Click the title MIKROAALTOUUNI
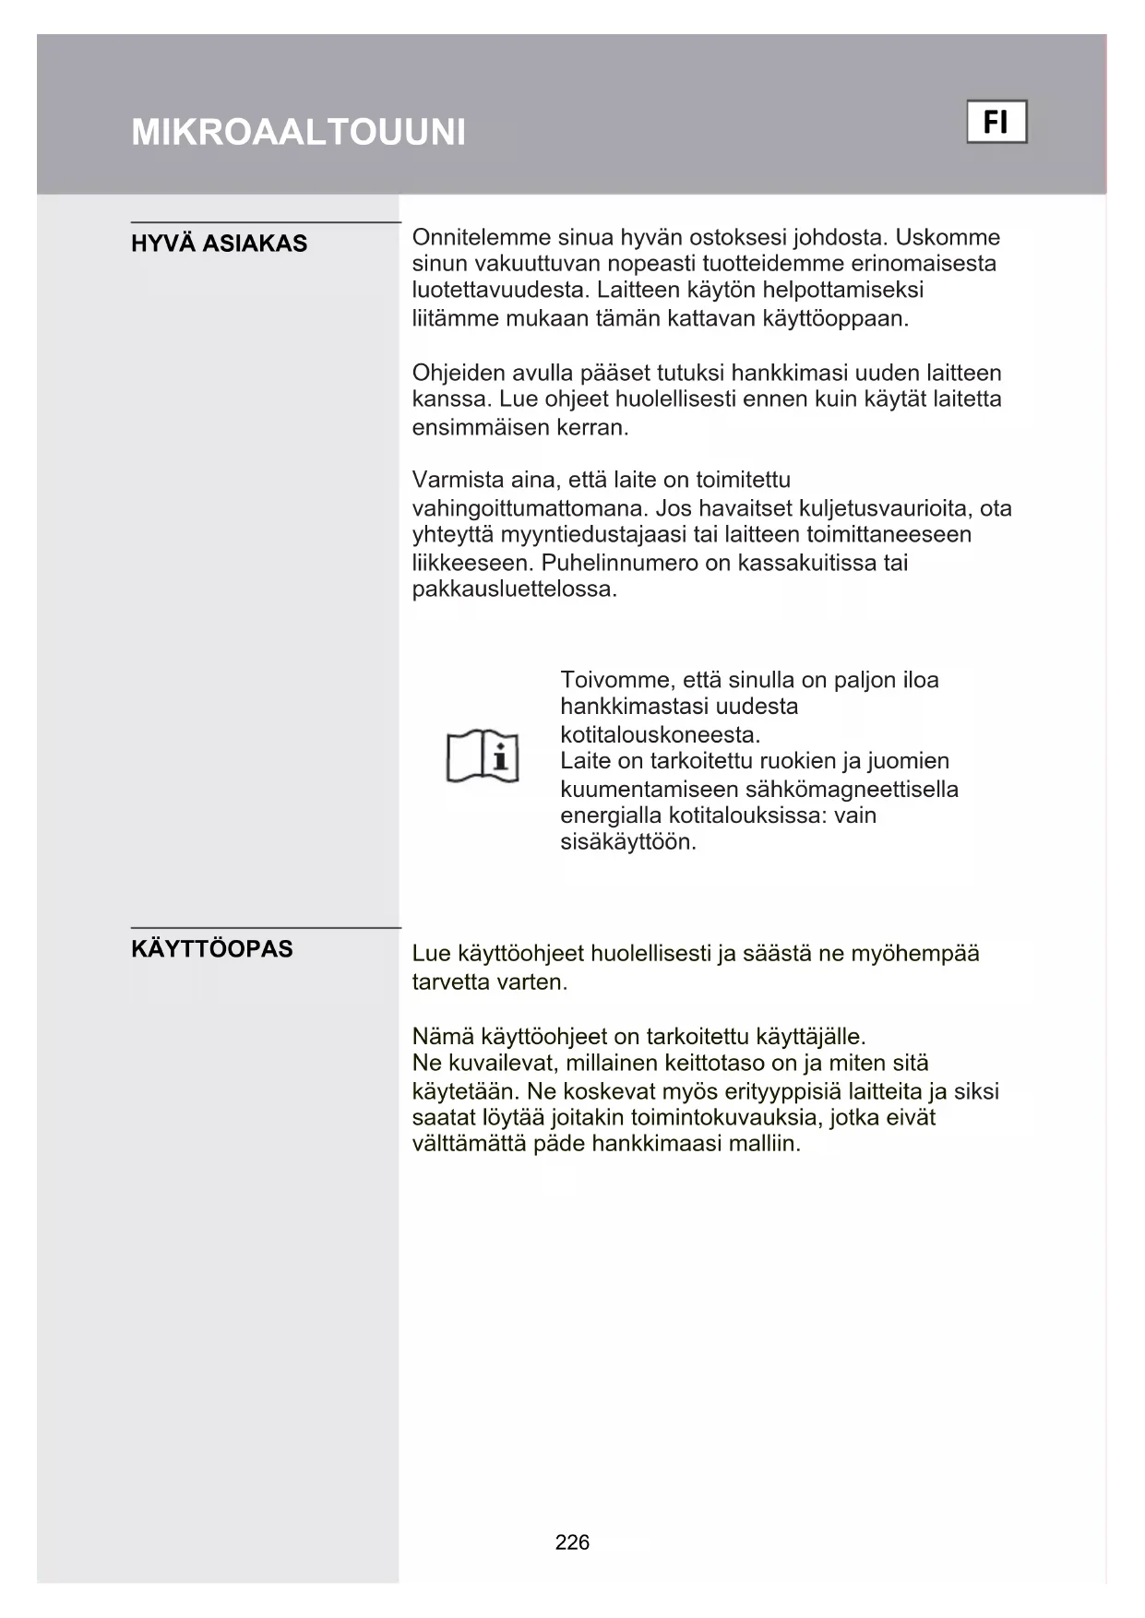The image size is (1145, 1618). [298, 133]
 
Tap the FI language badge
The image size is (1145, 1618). [996, 122]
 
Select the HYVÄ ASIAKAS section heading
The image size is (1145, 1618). [219, 244]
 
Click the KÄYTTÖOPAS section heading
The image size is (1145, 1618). [212, 949]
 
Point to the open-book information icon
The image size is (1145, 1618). [483, 757]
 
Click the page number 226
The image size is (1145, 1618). [572, 1542]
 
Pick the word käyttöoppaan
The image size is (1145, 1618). [836, 319]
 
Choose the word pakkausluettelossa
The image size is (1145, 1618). [514, 589]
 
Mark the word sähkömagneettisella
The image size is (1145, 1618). [852, 790]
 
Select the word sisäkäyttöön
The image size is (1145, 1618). [627, 842]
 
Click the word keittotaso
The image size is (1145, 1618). [714, 1063]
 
